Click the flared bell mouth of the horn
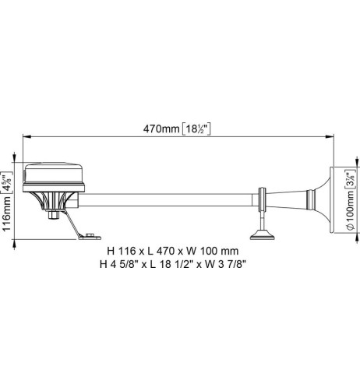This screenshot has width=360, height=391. pos(325,202)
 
